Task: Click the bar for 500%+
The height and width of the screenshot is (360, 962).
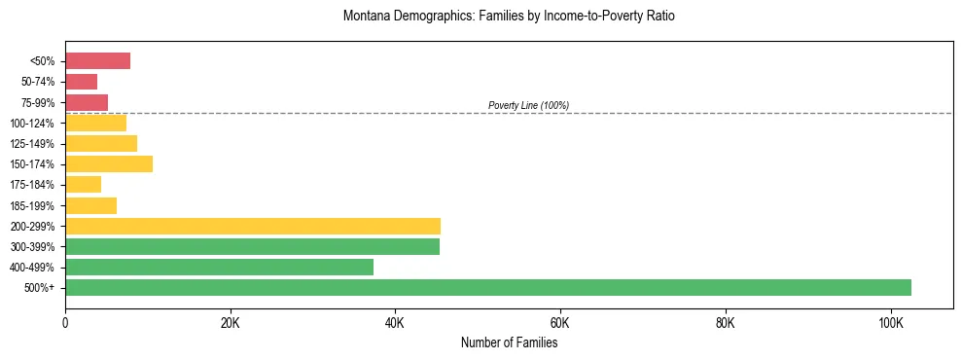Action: point(487,288)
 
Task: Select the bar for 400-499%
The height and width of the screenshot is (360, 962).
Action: point(219,268)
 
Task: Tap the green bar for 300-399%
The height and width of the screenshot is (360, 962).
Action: point(252,247)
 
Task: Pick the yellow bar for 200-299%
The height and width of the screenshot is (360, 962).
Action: point(253,227)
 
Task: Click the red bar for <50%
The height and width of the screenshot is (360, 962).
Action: point(97,61)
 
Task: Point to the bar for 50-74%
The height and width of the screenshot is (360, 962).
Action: point(81,82)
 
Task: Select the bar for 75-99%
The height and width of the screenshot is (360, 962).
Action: point(87,102)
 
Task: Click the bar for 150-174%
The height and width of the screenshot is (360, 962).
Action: point(109,164)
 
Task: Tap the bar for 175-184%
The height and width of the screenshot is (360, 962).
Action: point(83,185)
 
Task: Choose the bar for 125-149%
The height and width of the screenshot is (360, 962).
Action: point(101,144)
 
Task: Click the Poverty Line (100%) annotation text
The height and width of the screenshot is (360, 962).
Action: point(528,105)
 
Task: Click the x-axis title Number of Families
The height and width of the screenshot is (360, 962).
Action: point(509,342)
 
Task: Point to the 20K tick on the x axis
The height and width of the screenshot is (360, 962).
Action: point(230,323)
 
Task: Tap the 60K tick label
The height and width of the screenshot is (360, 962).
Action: point(560,323)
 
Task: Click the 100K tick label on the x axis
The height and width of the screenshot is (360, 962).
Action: point(890,323)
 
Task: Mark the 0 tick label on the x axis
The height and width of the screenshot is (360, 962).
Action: point(65,323)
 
